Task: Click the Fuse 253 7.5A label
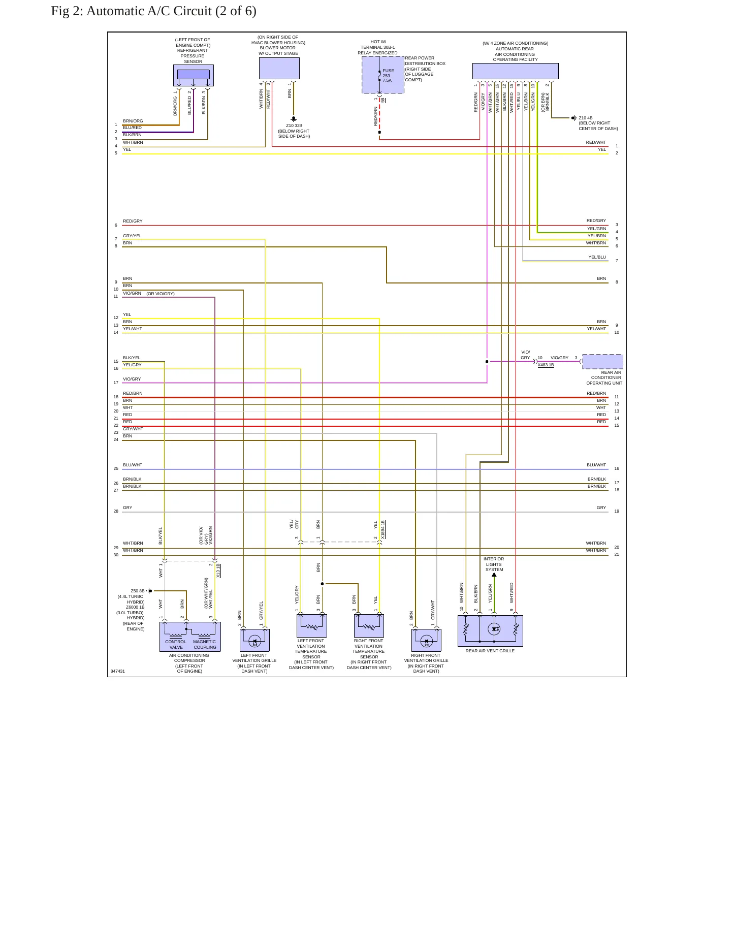coord(388,76)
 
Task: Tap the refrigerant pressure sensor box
coord(193,75)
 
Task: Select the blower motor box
coord(279,68)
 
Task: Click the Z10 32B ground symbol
coord(294,119)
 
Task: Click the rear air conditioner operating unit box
coord(602,361)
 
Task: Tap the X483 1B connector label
coord(546,365)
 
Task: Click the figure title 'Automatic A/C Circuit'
coord(171,11)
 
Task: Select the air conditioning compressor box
coord(190,637)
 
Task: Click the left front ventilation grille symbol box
coord(254,640)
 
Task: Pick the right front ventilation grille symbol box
coord(426,640)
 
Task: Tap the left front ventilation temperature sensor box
coord(311,625)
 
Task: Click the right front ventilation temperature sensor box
coord(369,625)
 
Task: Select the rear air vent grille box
coord(490,630)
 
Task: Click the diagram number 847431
coord(118,671)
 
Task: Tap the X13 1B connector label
coord(218,571)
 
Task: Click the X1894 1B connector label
coord(382,529)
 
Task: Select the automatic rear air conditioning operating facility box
coord(515,71)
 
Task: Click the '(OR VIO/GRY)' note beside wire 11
coord(161,294)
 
